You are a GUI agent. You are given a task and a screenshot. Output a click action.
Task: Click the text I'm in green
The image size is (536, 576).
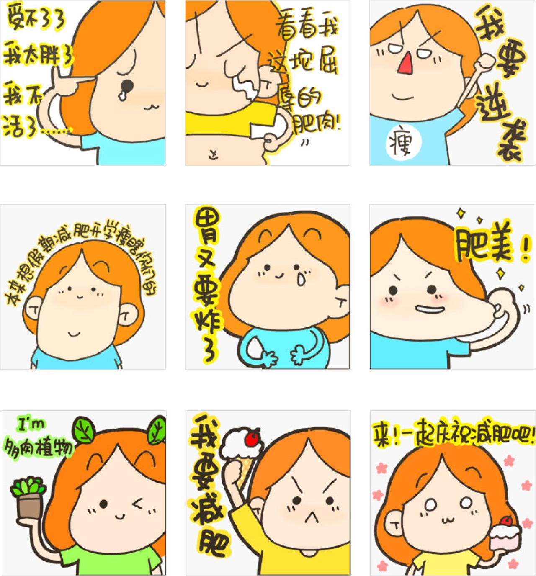[29, 426]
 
